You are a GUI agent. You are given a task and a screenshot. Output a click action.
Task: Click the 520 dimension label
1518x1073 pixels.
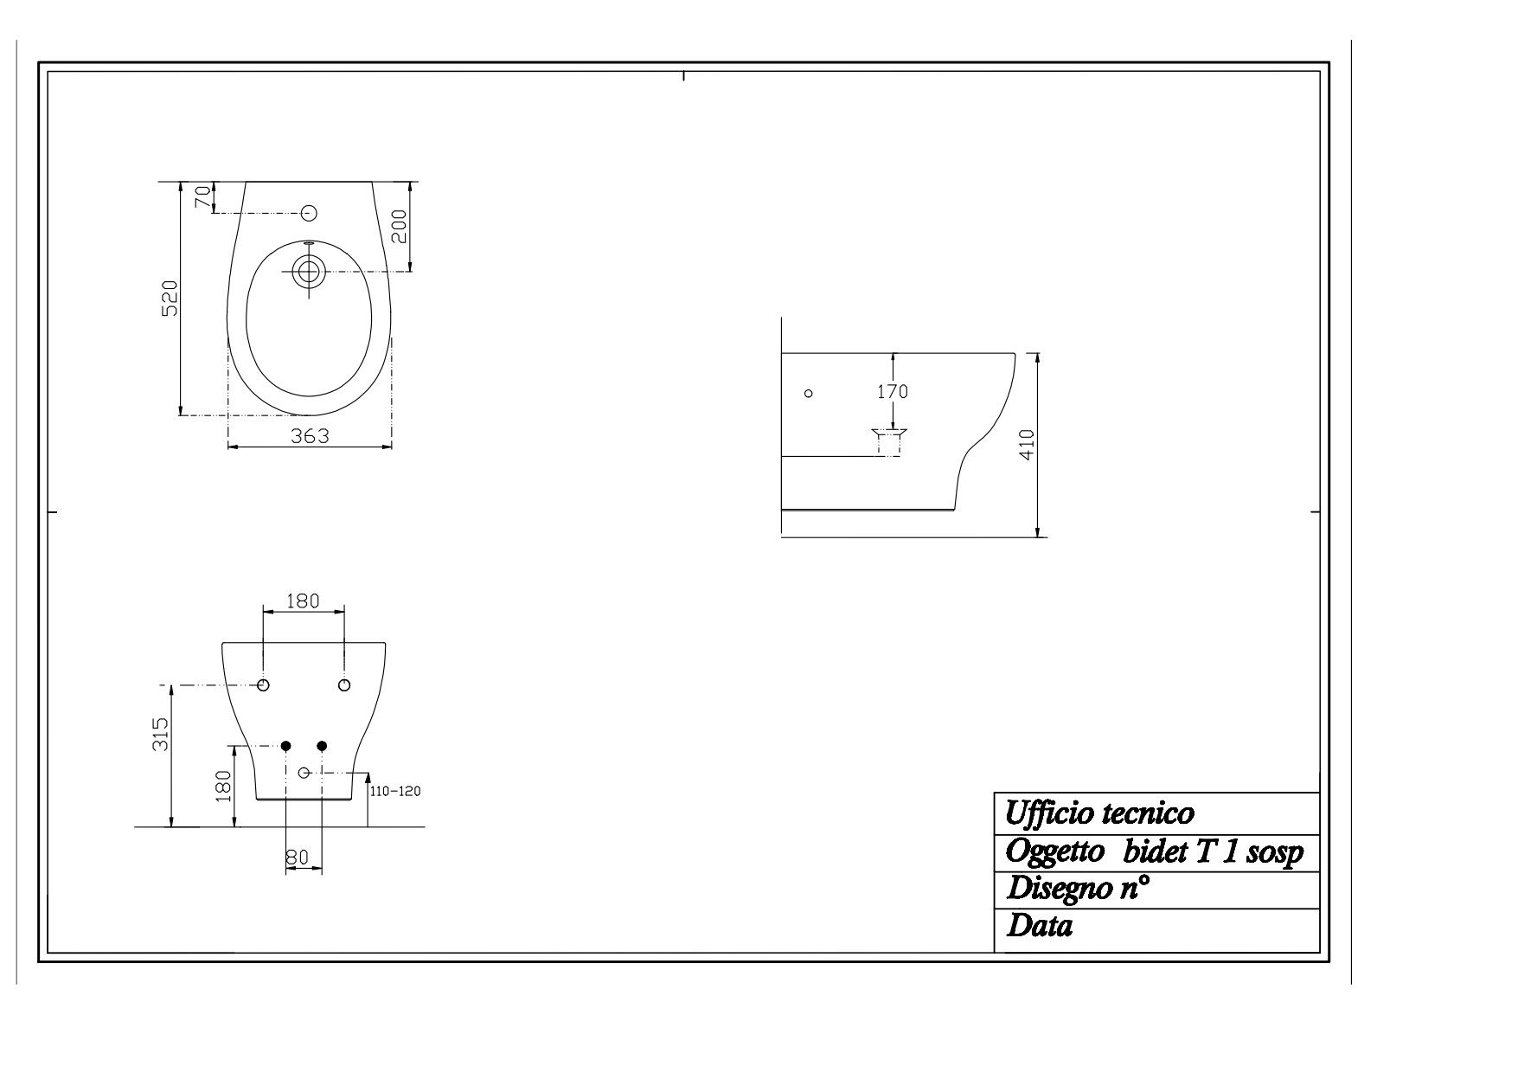[x=170, y=298]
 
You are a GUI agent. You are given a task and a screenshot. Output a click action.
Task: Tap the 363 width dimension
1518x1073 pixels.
[x=309, y=436]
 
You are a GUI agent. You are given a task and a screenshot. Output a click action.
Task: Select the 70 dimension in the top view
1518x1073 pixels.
[x=202, y=197]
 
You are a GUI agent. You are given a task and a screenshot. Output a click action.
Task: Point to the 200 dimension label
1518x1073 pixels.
[x=399, y=227]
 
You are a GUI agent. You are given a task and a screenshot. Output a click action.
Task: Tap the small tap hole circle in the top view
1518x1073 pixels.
[x=309, y=213]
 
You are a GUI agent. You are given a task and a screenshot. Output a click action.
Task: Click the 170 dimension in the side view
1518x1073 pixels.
[x=893, y=391]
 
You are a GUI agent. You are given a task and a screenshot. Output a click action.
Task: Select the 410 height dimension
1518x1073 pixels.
[x=1027, y=446]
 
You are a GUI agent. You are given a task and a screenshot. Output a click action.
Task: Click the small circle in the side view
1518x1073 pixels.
[x=809, y=393]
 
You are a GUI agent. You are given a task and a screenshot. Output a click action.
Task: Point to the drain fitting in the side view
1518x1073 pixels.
[x=889, y=441]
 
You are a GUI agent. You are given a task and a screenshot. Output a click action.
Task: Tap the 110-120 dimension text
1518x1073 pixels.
[x=394, y=791]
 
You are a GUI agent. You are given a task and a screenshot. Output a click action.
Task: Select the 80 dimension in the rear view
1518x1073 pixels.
[x=297, y=857]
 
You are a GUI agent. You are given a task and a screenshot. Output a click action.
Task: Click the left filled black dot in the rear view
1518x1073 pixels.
[x=286, y=746]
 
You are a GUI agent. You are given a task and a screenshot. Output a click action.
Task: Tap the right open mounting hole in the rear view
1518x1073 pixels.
[x=344, y=685]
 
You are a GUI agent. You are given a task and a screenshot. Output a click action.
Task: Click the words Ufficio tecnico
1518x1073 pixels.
[x=1099, y=813]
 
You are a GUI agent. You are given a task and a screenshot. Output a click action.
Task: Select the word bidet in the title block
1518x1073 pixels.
[x=1155, y=852]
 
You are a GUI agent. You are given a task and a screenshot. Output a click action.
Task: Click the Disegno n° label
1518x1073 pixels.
[x=1078, y=889]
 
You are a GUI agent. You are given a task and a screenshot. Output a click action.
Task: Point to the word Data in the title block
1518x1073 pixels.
[x=1039, y=927]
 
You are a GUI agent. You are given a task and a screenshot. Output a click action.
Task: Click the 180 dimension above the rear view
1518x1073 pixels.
[x=303, y=601]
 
